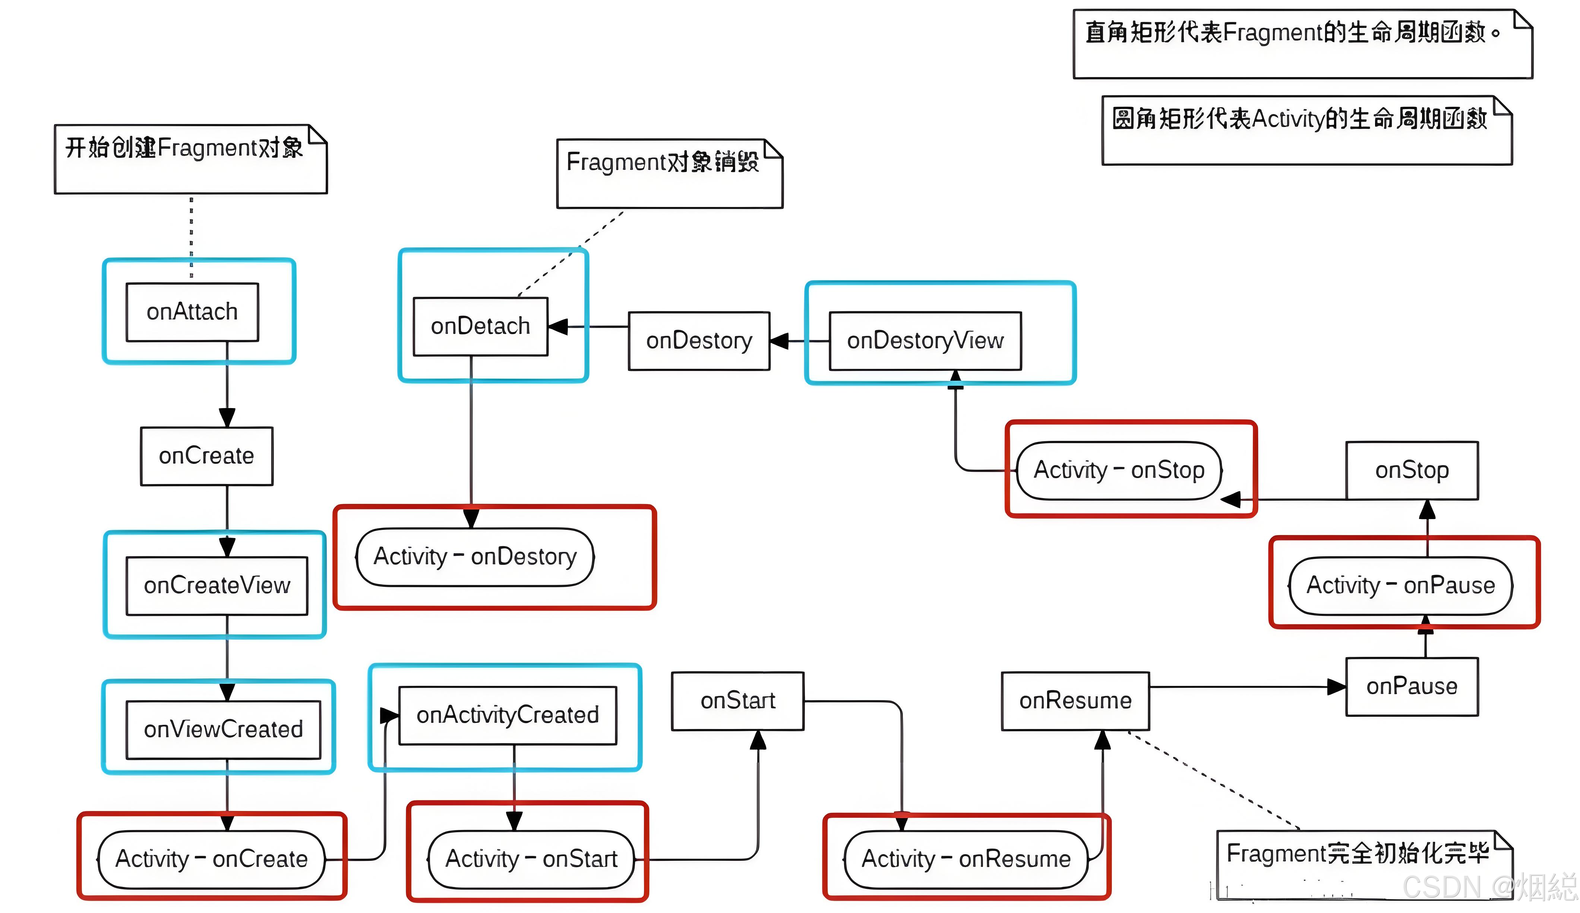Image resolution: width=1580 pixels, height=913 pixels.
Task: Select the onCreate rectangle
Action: (x=206, y=456)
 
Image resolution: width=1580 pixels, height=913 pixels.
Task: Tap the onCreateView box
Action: (x=217, y=586)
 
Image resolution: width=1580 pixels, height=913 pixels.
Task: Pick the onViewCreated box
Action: (x=223, y=729)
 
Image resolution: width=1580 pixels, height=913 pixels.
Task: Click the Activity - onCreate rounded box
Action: (x=211, y=859)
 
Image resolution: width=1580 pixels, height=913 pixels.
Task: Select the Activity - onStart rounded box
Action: (x=531, y=859)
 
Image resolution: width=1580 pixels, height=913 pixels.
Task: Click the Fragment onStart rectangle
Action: (x=737, y=700)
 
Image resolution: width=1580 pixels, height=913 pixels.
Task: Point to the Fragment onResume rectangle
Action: (x=1075, y=700)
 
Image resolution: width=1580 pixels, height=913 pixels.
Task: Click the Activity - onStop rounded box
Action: (x=1119, y=470)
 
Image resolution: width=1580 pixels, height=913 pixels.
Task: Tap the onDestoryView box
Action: (x=925, y=341)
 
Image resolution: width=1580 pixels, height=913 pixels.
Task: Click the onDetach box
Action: (x=480, y=327)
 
